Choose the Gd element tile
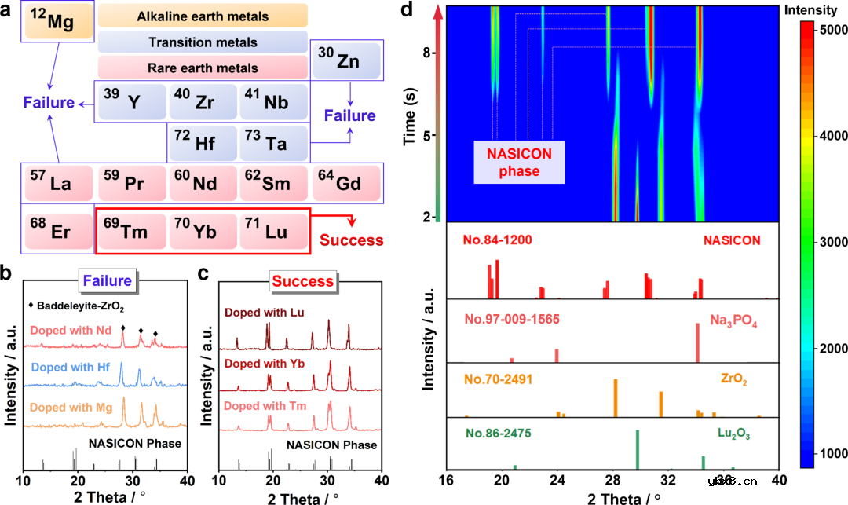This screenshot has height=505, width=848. click(x=346, y=183)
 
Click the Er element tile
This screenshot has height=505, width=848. click(x=57, y=232)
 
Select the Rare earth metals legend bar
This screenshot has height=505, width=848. click(x=203, y=68)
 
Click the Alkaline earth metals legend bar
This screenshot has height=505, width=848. click(x=203, y=16)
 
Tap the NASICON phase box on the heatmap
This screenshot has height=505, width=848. click(x=519, y=162)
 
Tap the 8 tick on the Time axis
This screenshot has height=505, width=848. click(x=429, y=53)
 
